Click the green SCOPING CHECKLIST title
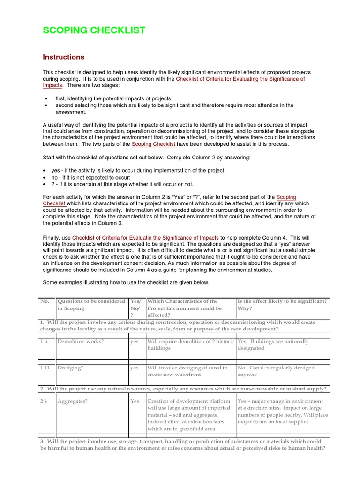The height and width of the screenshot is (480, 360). tap(94, 30)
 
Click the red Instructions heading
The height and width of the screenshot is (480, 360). tap(64, 57)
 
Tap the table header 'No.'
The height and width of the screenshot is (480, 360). tap(45, 301)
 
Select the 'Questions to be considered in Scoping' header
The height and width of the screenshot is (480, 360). tap(91, 305)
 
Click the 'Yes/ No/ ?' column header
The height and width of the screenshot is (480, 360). tap(135, 308)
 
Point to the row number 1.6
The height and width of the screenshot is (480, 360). tap(44, 341)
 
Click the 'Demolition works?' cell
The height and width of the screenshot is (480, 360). tap(80, 341)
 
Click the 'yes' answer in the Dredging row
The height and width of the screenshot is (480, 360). tap(135, 368)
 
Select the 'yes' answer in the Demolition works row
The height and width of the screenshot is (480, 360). tap(135, 341)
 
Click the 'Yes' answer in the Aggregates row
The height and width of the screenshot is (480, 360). tap(135, 401)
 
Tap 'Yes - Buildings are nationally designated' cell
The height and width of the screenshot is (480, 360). tap(273, 345)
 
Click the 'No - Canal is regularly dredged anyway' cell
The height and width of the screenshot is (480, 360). tap(276, 371)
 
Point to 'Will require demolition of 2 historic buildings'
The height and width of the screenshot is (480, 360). tap(190, 345)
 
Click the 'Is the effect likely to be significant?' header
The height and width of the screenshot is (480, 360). tap(282, 301)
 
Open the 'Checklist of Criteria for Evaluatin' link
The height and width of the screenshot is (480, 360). tap(145, 238)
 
